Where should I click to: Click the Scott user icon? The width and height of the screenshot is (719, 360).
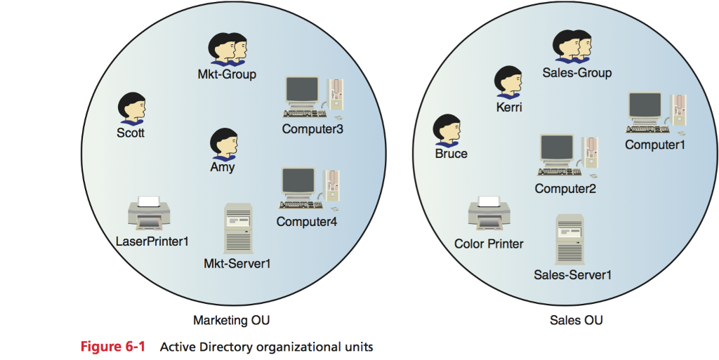tap(131, 109)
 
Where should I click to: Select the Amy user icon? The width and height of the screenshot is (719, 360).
tap(224, 144)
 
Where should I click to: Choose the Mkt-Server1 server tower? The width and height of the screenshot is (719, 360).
tap(237, 229)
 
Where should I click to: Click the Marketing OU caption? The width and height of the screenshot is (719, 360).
tap(231, 321)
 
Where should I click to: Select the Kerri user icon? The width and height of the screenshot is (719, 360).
tap(508, 83)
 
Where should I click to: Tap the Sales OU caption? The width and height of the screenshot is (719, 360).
tap(576, 321)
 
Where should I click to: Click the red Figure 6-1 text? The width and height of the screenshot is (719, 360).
tap(112, 347)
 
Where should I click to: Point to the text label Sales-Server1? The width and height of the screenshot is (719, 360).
tap(572, 274)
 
